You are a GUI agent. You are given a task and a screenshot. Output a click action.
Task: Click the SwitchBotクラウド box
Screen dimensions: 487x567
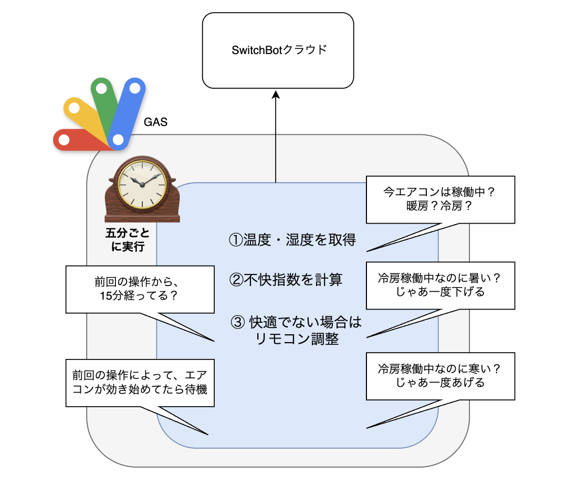[x=278, y=50]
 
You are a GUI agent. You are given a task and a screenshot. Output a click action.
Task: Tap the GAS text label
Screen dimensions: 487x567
[x=155, y=122]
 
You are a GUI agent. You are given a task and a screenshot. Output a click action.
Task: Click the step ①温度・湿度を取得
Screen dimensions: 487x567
[x=292, y=240]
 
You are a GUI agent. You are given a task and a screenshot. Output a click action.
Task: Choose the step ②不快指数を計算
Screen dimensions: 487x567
[x=286, y=280]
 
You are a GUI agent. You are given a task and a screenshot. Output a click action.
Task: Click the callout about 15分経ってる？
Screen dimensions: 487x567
[x=140, y=289]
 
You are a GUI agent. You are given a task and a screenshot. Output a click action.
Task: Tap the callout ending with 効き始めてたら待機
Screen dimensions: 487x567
[x=140, y=383]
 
